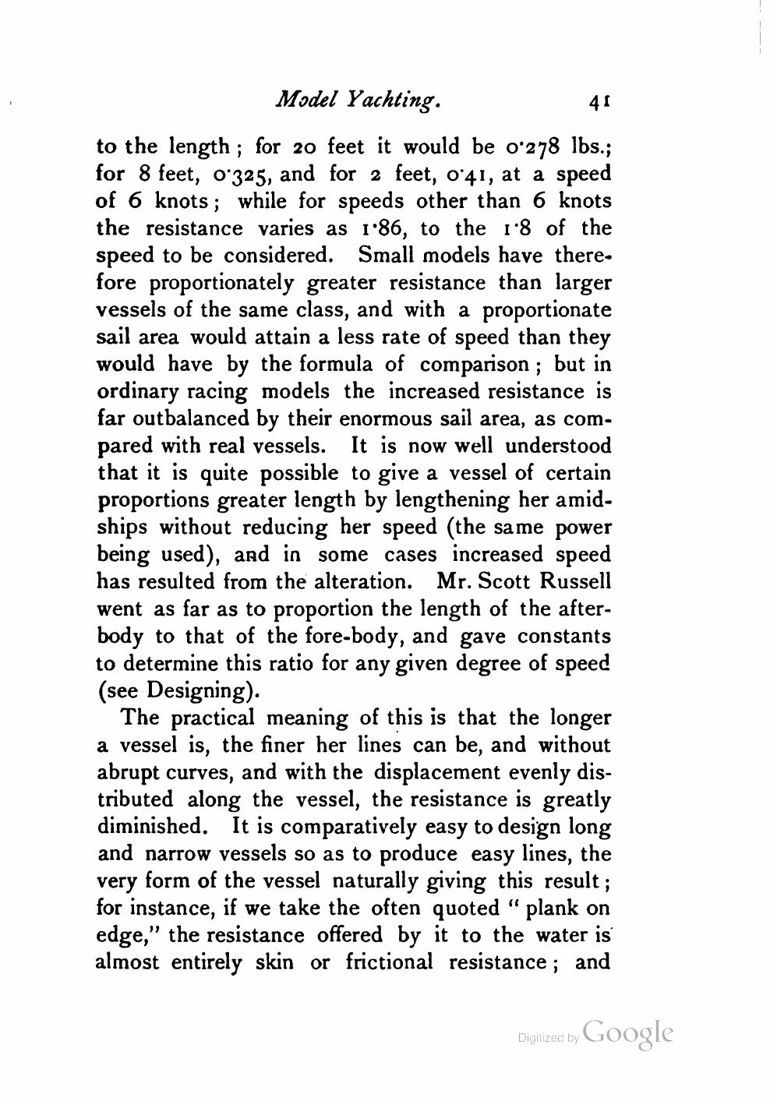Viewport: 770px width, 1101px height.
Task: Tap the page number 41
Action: click(599, 101)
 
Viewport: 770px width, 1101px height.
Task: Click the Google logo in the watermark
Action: click(627, 1033)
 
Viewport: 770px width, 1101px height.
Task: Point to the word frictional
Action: click(381, 962)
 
